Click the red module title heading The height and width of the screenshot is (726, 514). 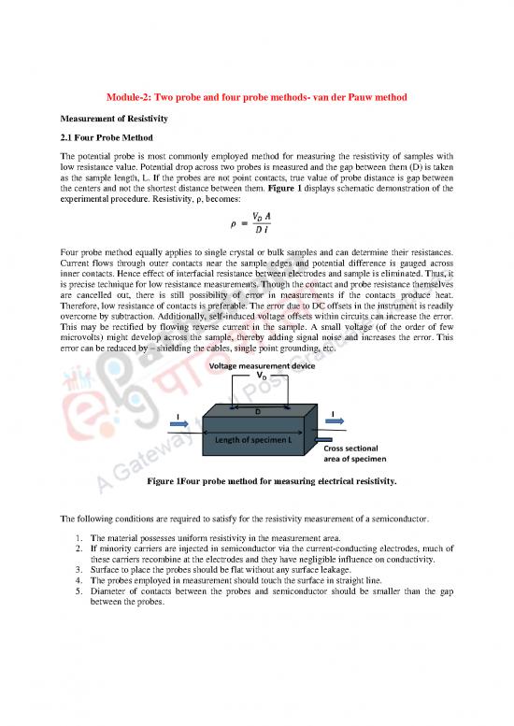pos(257,100)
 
